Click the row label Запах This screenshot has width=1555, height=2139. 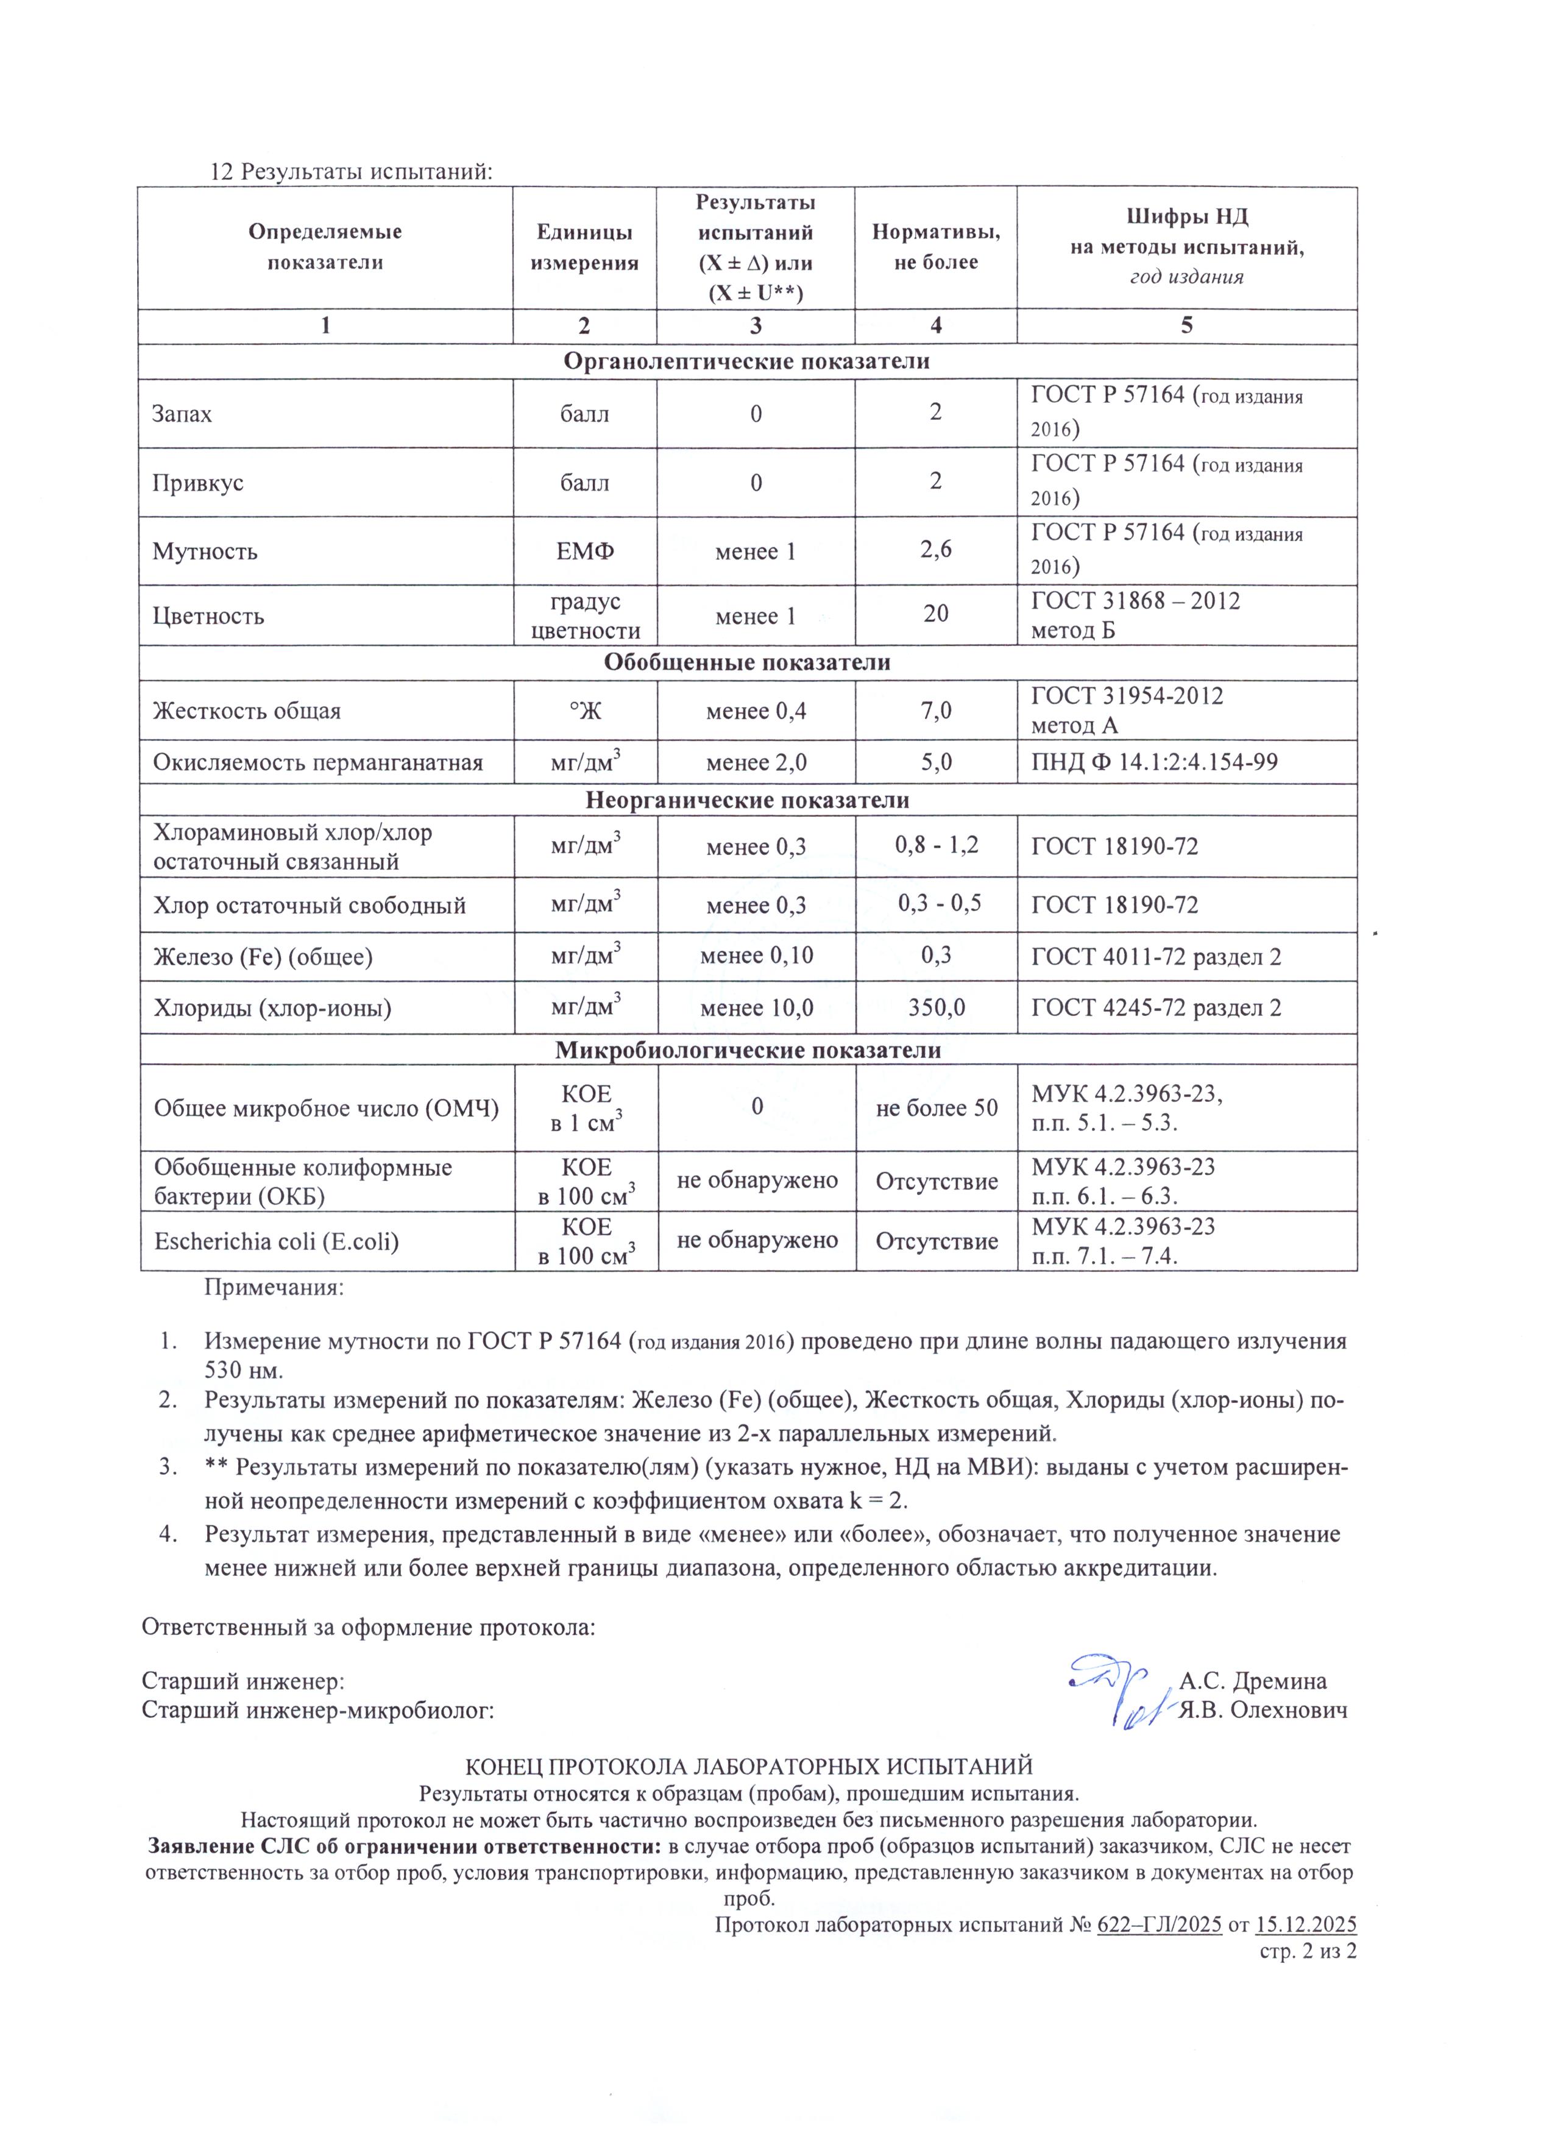[182, 414]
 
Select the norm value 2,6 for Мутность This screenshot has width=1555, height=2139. [935, 549]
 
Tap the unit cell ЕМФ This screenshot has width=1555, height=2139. [585, 552]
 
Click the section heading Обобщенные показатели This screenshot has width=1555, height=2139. [747, 662]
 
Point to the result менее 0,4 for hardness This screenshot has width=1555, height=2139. [756, 711]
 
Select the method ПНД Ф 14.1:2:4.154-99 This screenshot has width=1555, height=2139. [1154, 762]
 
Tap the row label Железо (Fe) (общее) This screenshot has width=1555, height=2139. [263, 957]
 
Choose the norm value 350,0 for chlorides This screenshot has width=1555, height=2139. [935, 1008]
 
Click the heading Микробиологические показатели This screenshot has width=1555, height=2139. [747, 1049]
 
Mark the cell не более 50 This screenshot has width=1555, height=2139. [935, 1107]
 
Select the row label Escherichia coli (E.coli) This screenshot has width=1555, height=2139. [276, 1241]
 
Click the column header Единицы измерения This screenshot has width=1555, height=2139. [585, 247]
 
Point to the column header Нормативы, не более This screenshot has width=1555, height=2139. [935, 246]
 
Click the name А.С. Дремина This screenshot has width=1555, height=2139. [1252, 1681]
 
